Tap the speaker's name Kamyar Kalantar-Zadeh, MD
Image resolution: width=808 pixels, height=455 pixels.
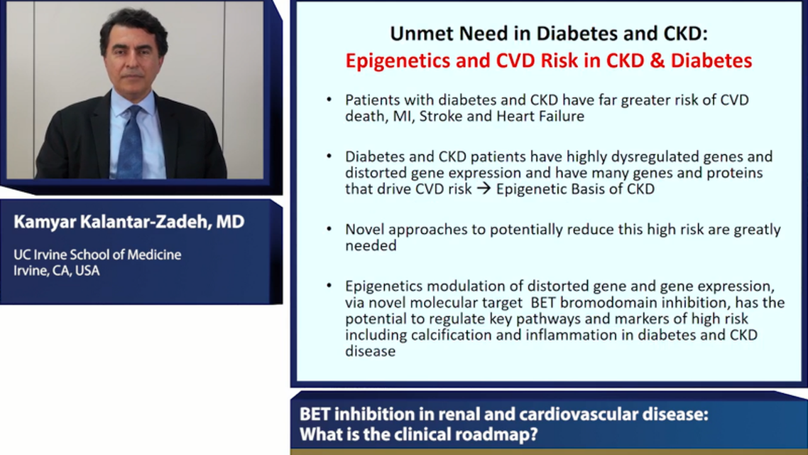129,223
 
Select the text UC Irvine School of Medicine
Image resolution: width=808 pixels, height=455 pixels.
97,255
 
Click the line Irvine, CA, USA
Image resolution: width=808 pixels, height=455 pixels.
56,270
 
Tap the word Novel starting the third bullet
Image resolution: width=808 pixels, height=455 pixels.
364,230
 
